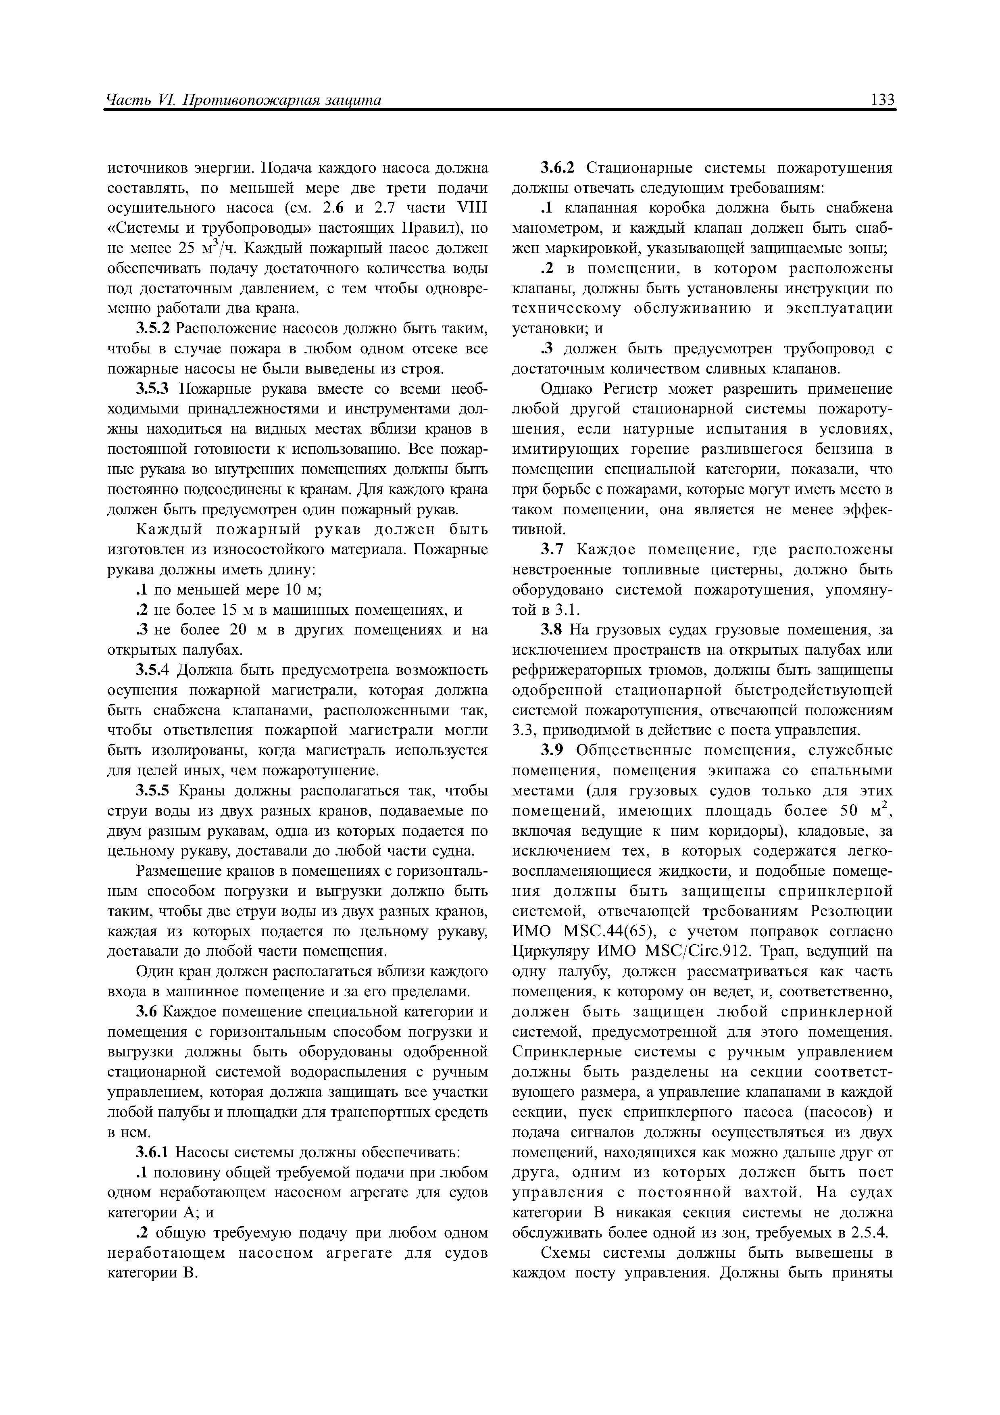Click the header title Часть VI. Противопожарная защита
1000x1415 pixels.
(x=244, y=100)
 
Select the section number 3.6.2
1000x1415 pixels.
(x=558, y=168)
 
